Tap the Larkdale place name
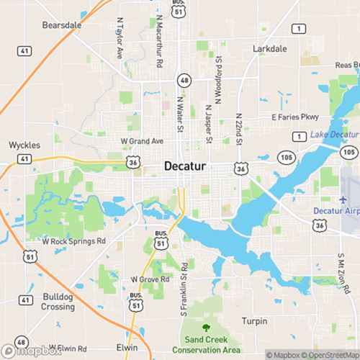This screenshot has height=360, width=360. tap(271, 50)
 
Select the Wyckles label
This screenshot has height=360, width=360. tap(24, 144)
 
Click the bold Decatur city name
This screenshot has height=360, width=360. tap(185, 166)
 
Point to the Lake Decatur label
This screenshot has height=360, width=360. tap(334, 135)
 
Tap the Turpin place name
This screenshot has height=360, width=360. tap(254, 321)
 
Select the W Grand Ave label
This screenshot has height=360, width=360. tap(142, 140)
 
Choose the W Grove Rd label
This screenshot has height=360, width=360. tap(150, 279)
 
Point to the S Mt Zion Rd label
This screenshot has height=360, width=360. tap(341, 271)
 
